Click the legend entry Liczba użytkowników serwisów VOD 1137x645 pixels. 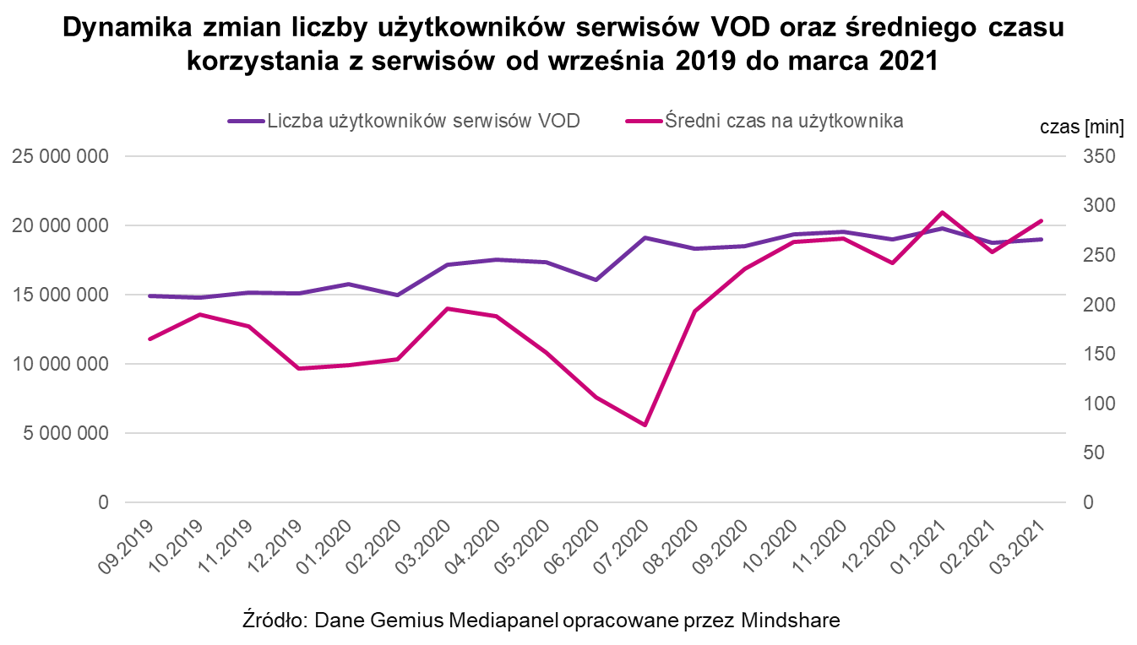click(423, 121)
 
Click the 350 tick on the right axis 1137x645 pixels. click(1100, 156)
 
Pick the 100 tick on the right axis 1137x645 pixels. click(1100, 404)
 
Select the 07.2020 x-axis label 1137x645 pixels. click(630, 547)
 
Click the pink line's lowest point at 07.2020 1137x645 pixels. click(645, 425)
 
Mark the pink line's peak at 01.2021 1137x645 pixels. click(942, 212)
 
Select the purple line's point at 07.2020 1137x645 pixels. click(645, 237)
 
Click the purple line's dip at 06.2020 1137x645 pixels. click(596, 279)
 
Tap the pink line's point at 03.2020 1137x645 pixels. click(447, 308)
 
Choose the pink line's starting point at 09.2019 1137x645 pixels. click(150, 339)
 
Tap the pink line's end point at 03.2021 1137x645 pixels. click(1041, 220)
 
